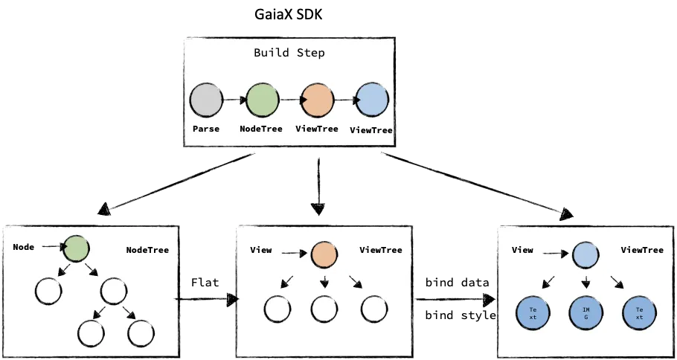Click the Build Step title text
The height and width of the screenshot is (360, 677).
(x=289, y=53)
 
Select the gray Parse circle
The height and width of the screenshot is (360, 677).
(x=206, y=100)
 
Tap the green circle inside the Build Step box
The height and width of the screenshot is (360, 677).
(x=262, y=100)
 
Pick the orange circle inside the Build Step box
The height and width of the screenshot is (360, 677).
(x=317, y=100)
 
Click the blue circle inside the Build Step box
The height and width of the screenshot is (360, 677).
(x=371, y=100)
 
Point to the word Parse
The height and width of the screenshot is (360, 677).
(x=205, y=129)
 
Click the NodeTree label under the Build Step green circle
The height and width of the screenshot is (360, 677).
(x=262, y=129)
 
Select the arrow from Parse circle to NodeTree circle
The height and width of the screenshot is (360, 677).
(x=234, y=100)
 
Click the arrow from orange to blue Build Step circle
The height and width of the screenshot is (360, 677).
(x=344, y=100)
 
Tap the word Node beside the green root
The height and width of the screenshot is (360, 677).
(x=24, y=246)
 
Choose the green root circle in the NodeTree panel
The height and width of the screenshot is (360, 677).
(x=76, y=248)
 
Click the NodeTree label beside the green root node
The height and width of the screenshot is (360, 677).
(x=147, y=250)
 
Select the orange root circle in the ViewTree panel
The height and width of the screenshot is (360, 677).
(x=324, y=254)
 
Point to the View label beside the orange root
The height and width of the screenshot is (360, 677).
(x=261, y=250)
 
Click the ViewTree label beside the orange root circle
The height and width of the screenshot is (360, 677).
(x=381, y=250)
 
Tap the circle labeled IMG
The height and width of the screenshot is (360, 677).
(x=585, y=312)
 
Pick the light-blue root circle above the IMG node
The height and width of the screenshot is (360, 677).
(x=585, y=255)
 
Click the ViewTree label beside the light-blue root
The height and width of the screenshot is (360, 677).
(x=642, y=250)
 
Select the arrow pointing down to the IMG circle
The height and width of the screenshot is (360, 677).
(x=585, y=283)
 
